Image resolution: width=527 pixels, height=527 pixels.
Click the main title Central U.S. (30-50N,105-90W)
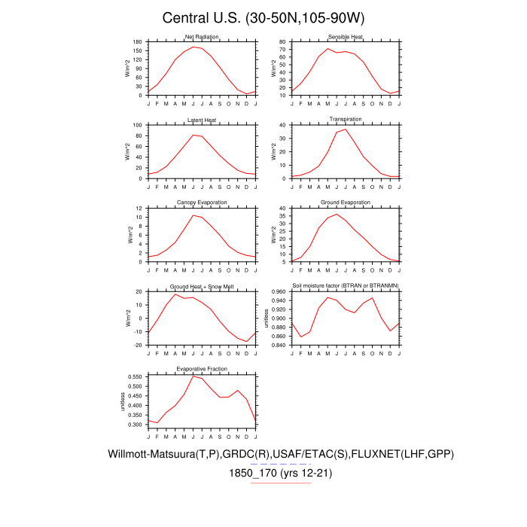pos(263,18)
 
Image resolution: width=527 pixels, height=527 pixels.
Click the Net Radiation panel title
pos(202,37)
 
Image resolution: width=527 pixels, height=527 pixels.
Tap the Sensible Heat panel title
pos(346,37)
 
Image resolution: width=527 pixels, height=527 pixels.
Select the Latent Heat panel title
pos(202,120)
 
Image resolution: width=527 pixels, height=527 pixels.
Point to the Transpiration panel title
pos(346,120)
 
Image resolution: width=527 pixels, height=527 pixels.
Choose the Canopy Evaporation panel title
pos(202,203)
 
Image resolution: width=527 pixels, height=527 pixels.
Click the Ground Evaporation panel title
pos(346,203)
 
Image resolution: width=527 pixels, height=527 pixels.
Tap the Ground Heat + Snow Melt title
pos(202,286)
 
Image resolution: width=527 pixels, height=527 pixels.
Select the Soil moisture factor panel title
pos(346,286)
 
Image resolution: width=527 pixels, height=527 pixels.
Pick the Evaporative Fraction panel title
pos(202,369)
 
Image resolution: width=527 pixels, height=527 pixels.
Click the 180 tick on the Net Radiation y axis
pos(139,42)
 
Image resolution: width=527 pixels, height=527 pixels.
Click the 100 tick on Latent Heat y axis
pos(139,125)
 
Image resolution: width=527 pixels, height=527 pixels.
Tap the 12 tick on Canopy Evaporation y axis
pos(140,208)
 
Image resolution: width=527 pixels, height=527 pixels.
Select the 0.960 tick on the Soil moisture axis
pos(279,291)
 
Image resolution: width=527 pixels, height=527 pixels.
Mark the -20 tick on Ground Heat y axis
pos(139,345)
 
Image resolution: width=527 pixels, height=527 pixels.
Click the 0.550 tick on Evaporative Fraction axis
pos(134,376)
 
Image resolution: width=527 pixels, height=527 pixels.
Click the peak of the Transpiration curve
pos(346,129)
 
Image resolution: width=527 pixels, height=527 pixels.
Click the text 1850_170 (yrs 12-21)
pos(281,474)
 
